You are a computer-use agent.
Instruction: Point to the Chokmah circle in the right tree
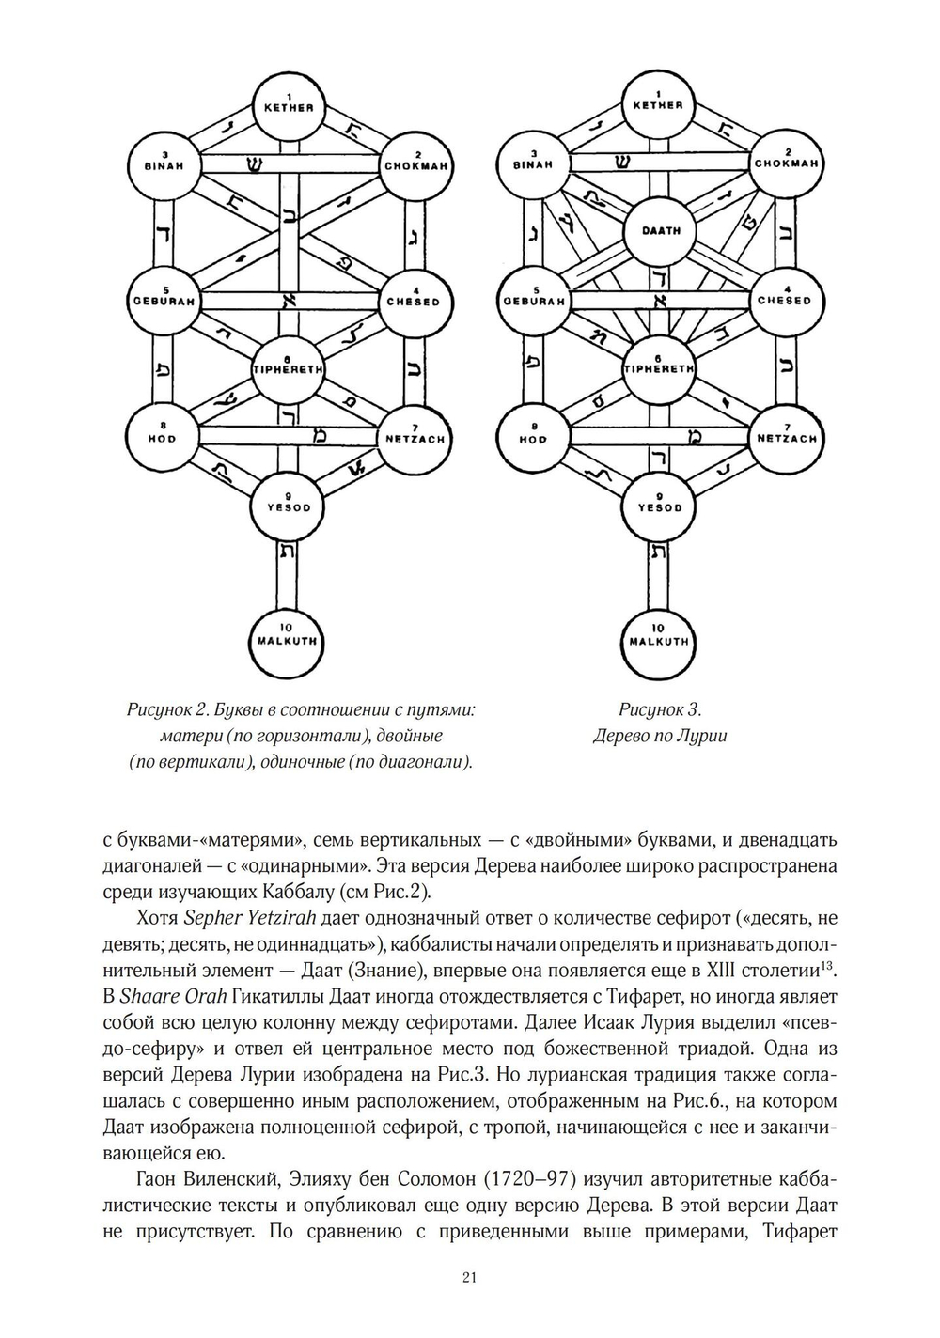point(786,161)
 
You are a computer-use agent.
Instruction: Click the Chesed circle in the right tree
point(786,300)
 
